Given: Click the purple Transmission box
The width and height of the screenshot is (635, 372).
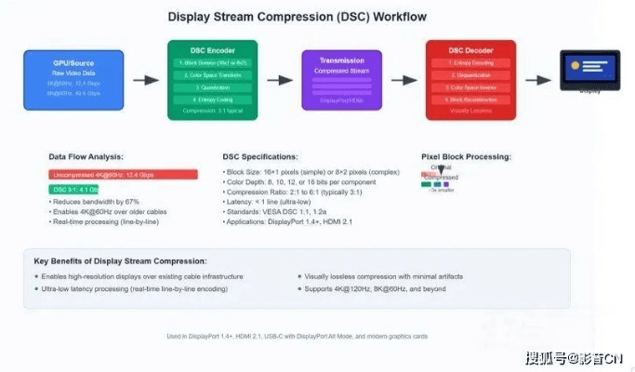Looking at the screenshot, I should pyautogui.click(x=341, y=81).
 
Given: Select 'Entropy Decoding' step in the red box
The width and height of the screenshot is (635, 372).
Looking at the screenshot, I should pyautogui.click(x=470, y=62).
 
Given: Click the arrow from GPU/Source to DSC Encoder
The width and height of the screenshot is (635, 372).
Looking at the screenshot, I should pyautogui.click(x=146, y=81).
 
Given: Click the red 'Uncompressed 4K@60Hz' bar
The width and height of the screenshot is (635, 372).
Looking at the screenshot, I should pyautogui.click(x=123, y=174).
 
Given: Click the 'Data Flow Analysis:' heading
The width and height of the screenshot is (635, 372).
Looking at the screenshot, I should pyautogui.click(x=86, y=156).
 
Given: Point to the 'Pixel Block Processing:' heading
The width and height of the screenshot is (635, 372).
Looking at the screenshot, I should pyautogui.click(x=466, y=156).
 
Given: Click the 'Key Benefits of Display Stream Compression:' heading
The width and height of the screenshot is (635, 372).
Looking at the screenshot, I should pyautogui.click(x=120, y=259).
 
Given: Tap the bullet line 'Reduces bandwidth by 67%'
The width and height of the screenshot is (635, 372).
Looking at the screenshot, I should pyautogui.click(x=98, y=202).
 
